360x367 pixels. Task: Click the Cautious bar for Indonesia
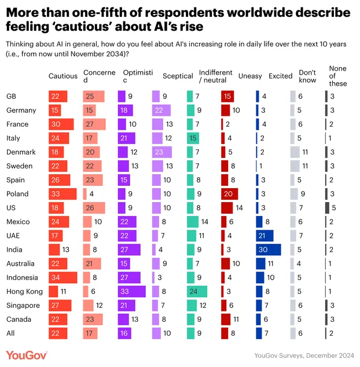[63, 278]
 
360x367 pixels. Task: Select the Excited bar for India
[268, 250]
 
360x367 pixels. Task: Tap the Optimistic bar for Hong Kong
[132, 292]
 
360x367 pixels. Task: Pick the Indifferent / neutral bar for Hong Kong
[197, 292]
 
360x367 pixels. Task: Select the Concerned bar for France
[94, 124]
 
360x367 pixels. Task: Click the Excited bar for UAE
[265, 236]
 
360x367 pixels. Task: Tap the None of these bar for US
[327, 208]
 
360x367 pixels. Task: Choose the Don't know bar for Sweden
[295, 166]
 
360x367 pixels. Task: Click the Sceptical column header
[178, 76]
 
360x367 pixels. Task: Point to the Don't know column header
[307, 76]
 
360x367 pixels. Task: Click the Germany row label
[21, 111]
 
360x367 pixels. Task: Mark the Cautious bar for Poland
[63, 194]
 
